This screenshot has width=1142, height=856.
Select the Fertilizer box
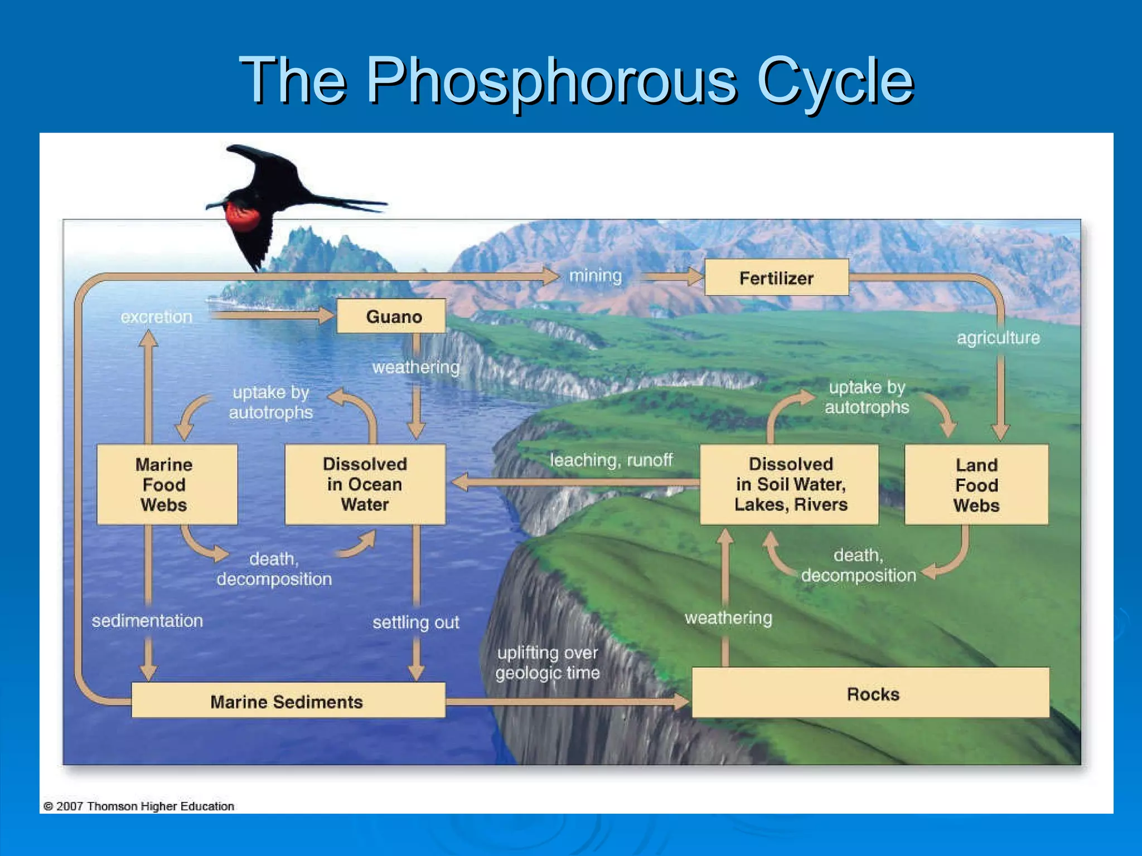776,278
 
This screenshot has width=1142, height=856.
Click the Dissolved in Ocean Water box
365,484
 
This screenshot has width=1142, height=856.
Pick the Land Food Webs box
976,485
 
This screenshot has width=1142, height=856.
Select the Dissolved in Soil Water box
790,484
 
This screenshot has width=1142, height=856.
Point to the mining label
595,276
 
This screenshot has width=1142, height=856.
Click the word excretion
156,317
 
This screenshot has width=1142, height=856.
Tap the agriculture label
998,338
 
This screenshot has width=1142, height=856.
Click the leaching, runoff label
611,460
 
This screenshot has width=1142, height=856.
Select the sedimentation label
147,621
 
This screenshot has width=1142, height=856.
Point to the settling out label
415,622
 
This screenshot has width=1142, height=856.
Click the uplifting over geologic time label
548,663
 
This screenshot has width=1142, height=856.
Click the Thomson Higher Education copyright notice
139,806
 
